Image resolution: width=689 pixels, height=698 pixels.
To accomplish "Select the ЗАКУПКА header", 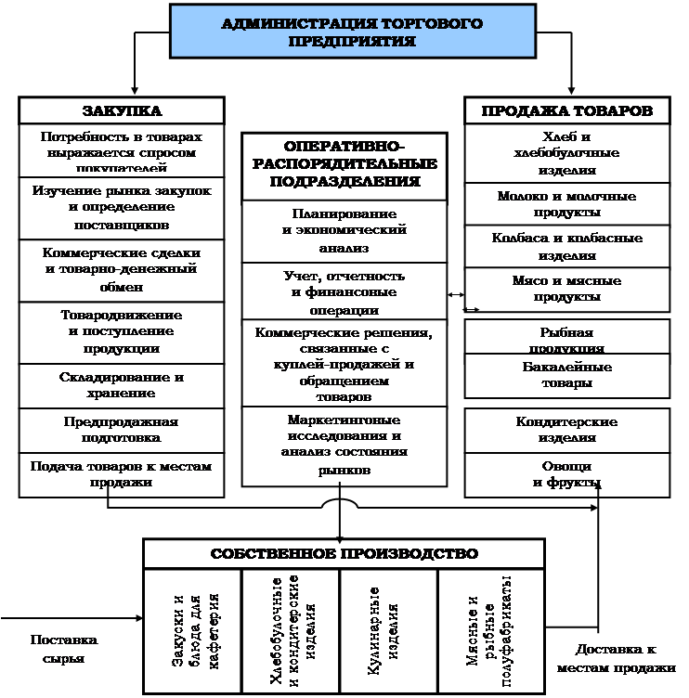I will pos(122,110).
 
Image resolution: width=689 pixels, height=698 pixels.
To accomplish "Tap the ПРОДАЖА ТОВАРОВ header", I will pos(566,110).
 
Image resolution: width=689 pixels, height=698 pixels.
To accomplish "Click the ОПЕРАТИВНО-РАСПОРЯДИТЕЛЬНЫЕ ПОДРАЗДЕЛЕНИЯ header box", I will pos(344,164).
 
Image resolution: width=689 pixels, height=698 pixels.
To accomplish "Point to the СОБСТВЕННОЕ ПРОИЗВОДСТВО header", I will pos(344,553).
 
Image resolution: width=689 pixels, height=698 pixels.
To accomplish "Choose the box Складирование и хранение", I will pos(122,385).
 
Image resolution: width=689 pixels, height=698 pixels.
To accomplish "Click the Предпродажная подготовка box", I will pos(122,429).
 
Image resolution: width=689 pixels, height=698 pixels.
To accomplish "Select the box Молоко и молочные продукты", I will pos(566,204).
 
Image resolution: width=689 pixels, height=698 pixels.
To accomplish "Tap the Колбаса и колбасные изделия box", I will pos(566,246).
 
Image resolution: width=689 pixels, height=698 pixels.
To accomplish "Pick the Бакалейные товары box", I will pos(566,375).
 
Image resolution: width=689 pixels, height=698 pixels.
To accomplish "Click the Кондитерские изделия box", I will pos(566,429).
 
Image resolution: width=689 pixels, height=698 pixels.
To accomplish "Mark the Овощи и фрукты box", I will pos(566,473).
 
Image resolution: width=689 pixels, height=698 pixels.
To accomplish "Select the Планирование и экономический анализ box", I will pos(344,231).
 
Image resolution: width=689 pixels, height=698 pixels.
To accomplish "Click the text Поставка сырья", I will pos(64,649).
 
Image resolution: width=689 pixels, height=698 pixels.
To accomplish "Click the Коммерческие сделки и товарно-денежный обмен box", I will pos(122,268).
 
